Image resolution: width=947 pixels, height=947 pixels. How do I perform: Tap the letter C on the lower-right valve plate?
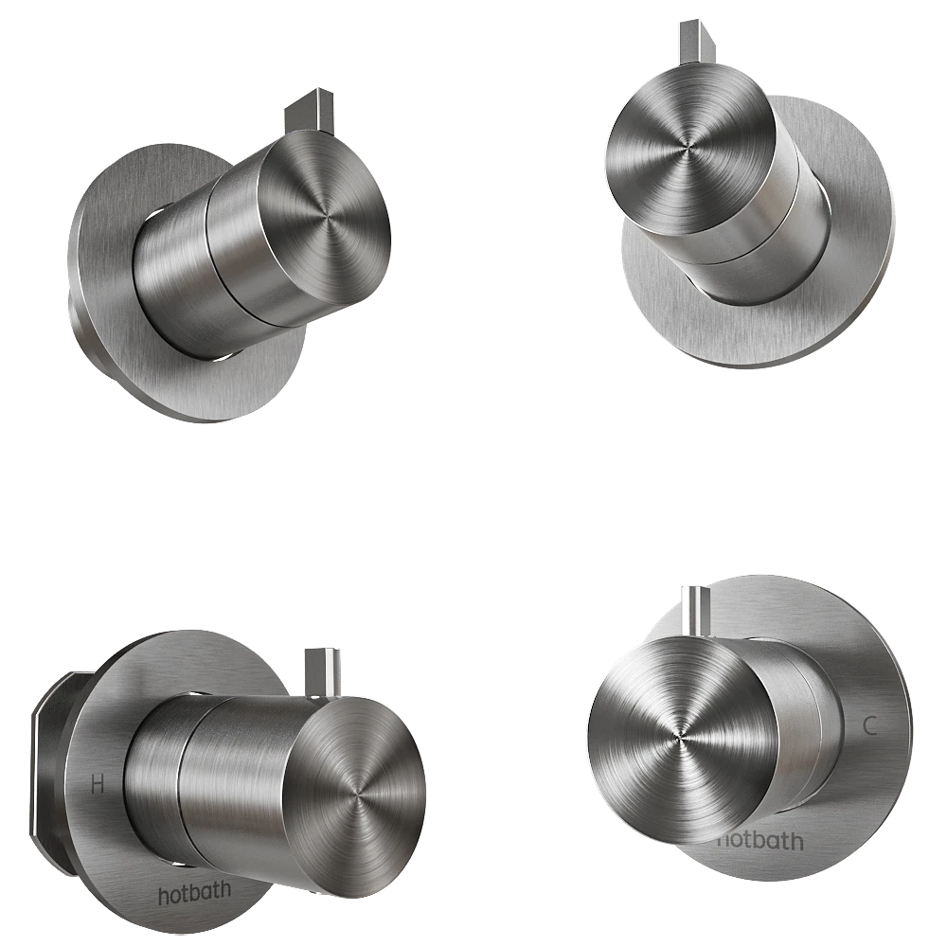click(x=869, y=726)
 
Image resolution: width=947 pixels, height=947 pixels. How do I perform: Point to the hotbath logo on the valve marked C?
click(x=761, y=840)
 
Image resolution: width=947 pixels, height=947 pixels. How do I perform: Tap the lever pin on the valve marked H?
click(x=322, y=672)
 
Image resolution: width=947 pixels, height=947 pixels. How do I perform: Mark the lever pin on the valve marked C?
click(x=695, y=611)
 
